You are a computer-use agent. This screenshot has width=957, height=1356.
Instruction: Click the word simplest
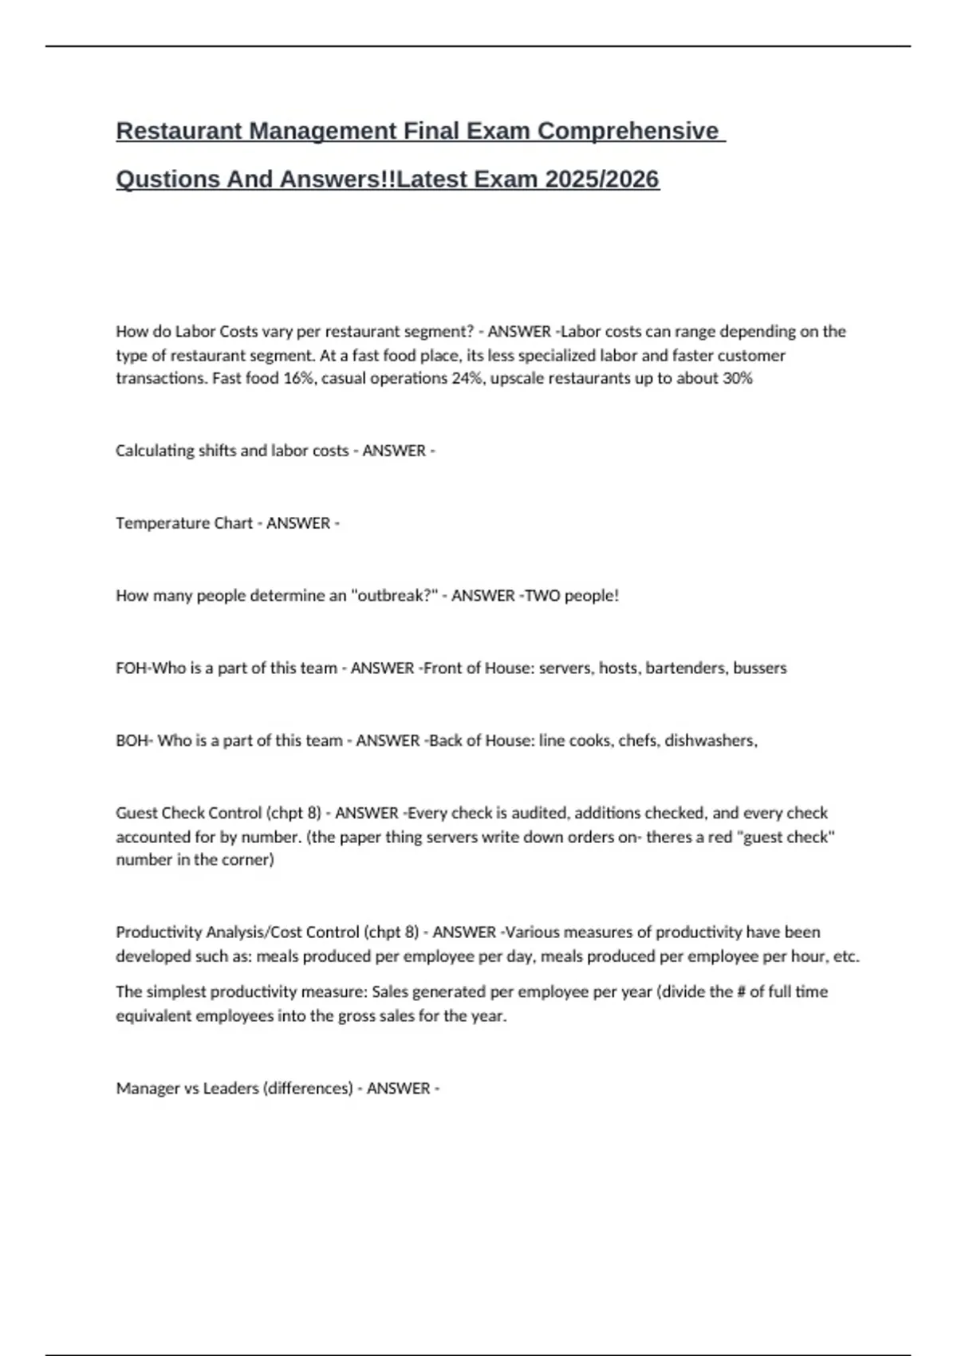pos(176,992)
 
